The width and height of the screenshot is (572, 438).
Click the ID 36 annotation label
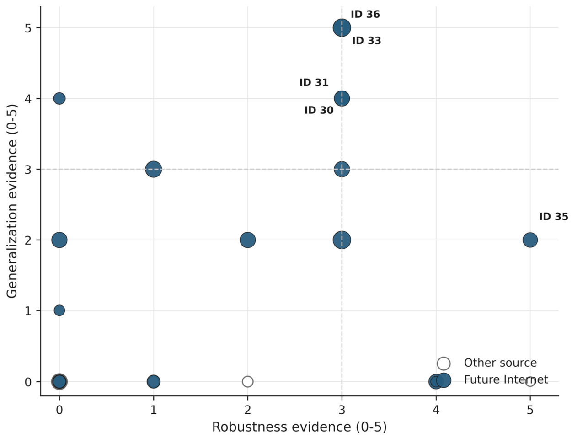click(365, 14)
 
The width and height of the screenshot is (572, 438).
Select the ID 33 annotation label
click(366, 41)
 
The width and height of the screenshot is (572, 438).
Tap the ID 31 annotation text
click(314, 83)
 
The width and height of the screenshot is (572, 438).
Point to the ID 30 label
click(319, 110)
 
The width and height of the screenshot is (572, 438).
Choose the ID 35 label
click(554, 217)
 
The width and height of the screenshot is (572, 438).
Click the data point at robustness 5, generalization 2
click(530, 240)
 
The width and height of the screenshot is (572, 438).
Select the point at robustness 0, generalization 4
click(59, 98)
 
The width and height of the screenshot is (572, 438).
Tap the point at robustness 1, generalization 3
click(154, 169)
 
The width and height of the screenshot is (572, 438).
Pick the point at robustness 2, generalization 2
click(247, 240)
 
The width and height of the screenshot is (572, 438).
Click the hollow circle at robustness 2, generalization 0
click(247, 381)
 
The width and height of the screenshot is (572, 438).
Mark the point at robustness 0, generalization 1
click(59, 310)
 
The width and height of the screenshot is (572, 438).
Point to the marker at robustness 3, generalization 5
click(342, 27)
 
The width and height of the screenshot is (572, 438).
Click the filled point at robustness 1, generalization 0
click(154, 381)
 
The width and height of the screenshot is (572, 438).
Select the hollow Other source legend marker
click(444, 363)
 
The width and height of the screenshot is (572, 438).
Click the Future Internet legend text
click(506, 379)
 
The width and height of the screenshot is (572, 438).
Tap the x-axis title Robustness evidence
click(299, 427)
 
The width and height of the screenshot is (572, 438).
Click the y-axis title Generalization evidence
click(12, 201)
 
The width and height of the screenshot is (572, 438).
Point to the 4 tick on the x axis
click(436, 411)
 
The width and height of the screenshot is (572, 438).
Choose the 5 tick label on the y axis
click(28, 28)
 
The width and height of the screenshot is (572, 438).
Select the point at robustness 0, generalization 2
click(59, 240)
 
